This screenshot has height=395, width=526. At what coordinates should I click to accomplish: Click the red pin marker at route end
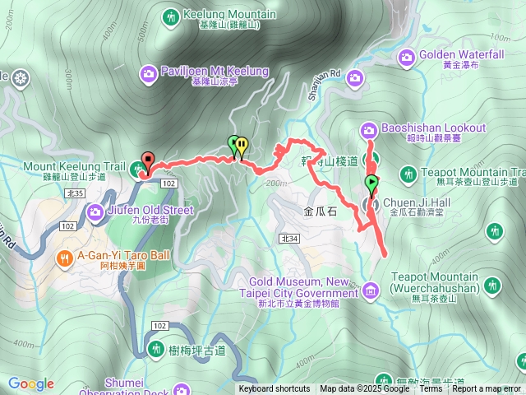[148, 160]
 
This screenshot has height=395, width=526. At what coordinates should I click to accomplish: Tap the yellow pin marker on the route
[242, 146]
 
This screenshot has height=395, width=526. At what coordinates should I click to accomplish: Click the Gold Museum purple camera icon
[370, 290]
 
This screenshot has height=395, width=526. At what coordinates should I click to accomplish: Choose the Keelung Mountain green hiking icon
[171, 16]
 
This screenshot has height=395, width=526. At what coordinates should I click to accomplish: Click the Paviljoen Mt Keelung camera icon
[149, 73]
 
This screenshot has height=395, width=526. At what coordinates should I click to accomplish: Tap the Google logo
[31, 383]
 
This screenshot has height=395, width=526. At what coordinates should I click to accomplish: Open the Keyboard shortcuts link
[275, 389]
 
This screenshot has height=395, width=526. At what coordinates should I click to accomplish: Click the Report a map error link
[487, 389]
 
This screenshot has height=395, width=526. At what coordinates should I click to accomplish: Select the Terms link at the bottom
[431, 389]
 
